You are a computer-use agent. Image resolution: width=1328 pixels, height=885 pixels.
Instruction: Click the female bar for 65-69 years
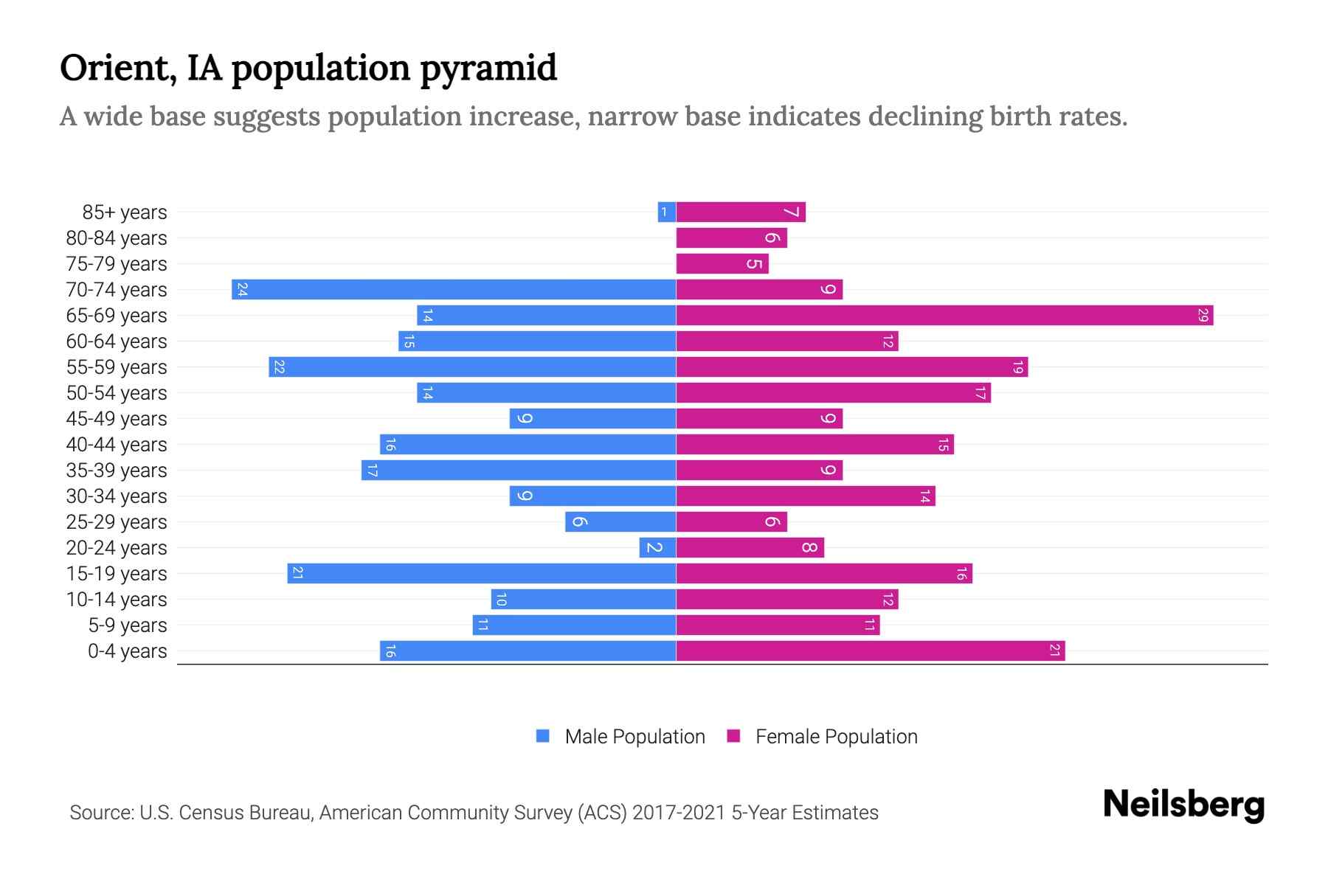(944, 316)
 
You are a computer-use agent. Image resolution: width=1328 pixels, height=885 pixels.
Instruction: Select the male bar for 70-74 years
(454, 290)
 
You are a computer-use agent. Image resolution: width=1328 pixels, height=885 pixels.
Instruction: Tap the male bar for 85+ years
(667, 212)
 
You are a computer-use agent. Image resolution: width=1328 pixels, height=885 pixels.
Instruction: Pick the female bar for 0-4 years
(871, 651)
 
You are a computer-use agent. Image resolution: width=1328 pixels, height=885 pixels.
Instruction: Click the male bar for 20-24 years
(657, 548)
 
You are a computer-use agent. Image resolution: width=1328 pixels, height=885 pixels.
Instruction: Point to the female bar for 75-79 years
(722, 264)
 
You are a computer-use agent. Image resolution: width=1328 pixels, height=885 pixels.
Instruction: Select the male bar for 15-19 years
(481, 574)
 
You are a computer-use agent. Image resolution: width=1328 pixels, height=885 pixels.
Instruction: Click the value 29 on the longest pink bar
(1203, 316)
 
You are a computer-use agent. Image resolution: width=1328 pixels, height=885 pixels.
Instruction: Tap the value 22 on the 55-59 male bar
(279, 367)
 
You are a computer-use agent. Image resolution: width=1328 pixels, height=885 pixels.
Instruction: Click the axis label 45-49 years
(117, 419)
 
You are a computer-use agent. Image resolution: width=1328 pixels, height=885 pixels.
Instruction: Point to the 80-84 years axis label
(117, 238)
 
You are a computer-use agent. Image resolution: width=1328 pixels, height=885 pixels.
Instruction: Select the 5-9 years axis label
(128, 625)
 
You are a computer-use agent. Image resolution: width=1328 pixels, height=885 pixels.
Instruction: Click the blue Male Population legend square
(543, 736)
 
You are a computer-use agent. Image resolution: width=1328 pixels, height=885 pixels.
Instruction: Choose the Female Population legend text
(836, 737)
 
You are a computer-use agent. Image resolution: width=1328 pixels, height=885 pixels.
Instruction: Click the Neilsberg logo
(1183, 805)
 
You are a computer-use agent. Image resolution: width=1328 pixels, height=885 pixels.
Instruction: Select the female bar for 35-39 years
(759, 471)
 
